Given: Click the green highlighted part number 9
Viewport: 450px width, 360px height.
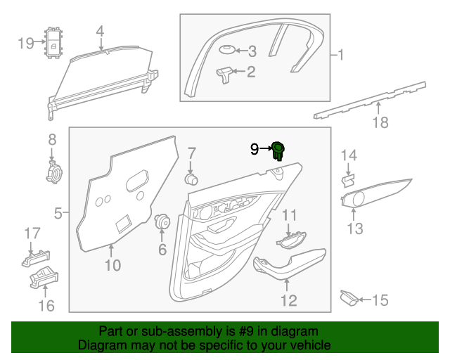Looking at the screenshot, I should tap(278, 149).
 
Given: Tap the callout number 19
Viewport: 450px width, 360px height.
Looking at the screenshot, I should tap(25, 44).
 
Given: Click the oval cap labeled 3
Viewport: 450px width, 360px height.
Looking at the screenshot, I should tap(225, 50).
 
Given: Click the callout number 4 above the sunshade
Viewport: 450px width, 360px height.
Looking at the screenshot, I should tap(100, 31).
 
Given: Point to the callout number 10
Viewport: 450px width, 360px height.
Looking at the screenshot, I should tap(112, 265).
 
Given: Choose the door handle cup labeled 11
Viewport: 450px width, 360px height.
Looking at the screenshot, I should tap(290, 241).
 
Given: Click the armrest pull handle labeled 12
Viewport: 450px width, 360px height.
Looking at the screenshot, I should tap(288, 265).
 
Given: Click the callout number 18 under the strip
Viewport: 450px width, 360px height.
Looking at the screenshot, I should tap(380, 123).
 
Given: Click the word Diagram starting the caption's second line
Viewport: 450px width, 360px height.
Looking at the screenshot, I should tap(99, 345).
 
